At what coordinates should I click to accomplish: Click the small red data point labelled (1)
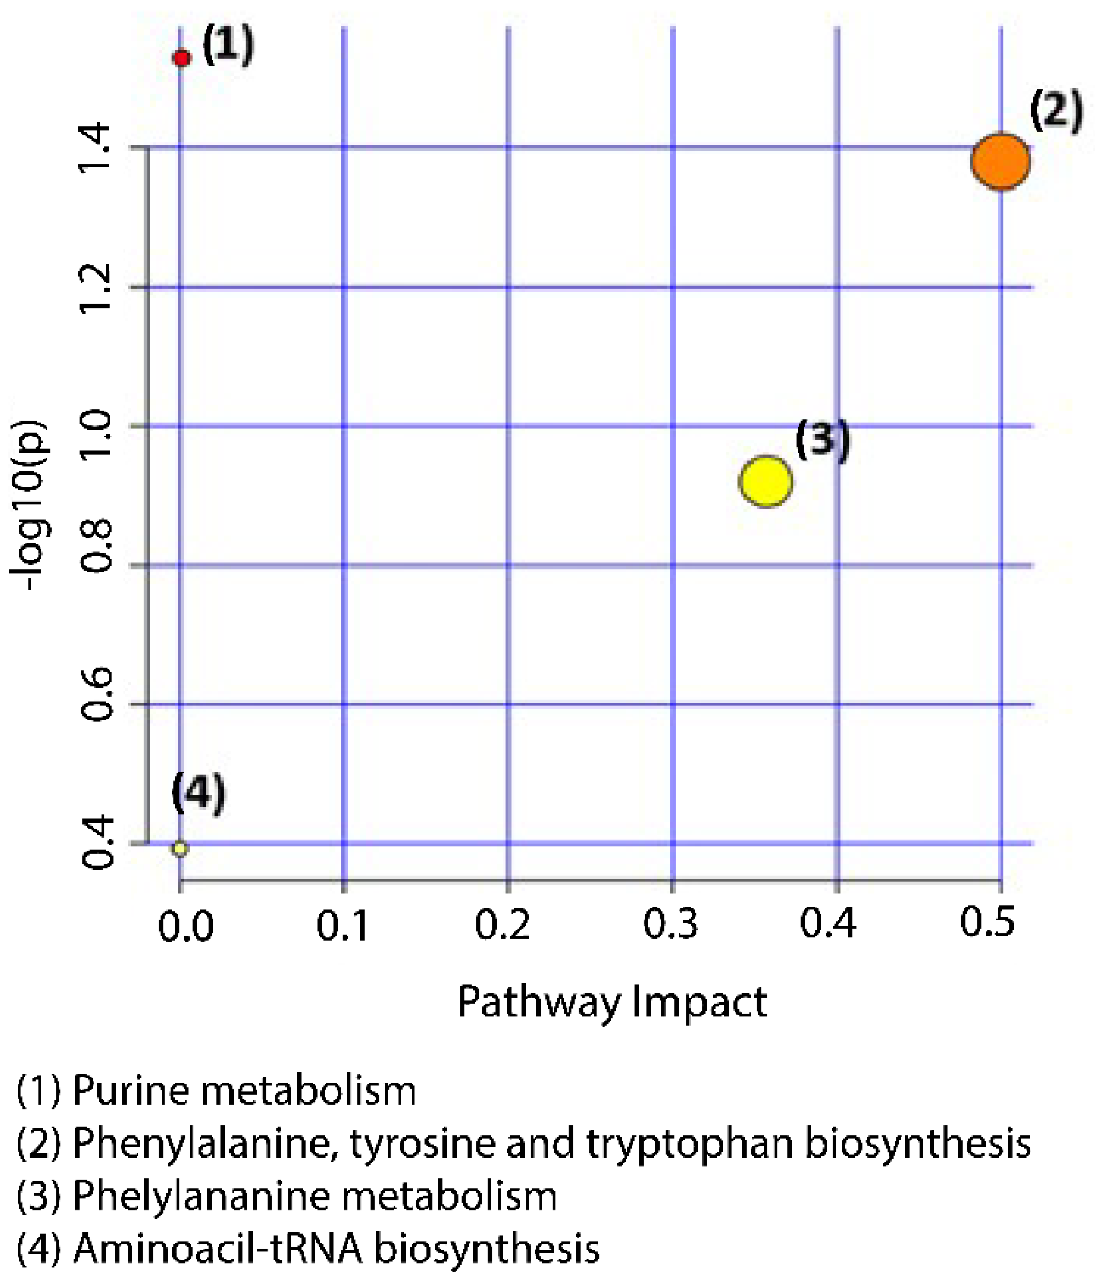(182, 58)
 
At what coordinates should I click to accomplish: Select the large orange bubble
(1000, 161)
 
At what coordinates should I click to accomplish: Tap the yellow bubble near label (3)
(766, 481)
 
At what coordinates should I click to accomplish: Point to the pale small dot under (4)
(179, 847)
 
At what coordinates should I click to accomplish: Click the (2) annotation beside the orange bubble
(1056, 111)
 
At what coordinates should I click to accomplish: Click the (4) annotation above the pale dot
(198, 793)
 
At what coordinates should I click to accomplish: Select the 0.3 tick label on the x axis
(670, 924)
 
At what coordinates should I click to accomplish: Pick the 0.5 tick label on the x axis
(987, 921)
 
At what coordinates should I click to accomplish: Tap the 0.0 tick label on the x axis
(185, 927)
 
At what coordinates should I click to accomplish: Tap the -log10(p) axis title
(29, 504)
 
